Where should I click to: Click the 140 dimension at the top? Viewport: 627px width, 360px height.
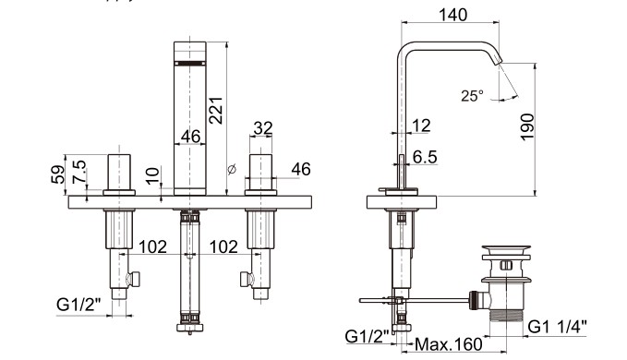452,15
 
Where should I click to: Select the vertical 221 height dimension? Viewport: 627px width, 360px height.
215,110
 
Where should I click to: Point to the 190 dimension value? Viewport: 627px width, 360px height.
527,127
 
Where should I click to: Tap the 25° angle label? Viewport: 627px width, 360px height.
472,96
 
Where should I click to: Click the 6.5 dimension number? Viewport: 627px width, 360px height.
425,157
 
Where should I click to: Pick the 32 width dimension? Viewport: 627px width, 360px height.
263,128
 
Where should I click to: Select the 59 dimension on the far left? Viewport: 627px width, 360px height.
58,174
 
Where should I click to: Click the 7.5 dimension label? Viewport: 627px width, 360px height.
78,172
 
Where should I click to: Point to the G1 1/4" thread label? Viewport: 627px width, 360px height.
558,327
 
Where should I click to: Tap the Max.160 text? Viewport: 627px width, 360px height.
449,344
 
